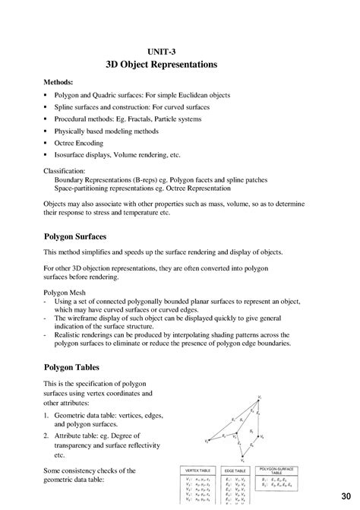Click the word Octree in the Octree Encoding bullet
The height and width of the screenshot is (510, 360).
tap(65, 143)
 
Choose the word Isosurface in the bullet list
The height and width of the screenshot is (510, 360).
tap(72, 154)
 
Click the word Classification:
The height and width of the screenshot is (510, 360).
tap(65, 171)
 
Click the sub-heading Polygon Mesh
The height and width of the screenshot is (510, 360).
tap(64, 291)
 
